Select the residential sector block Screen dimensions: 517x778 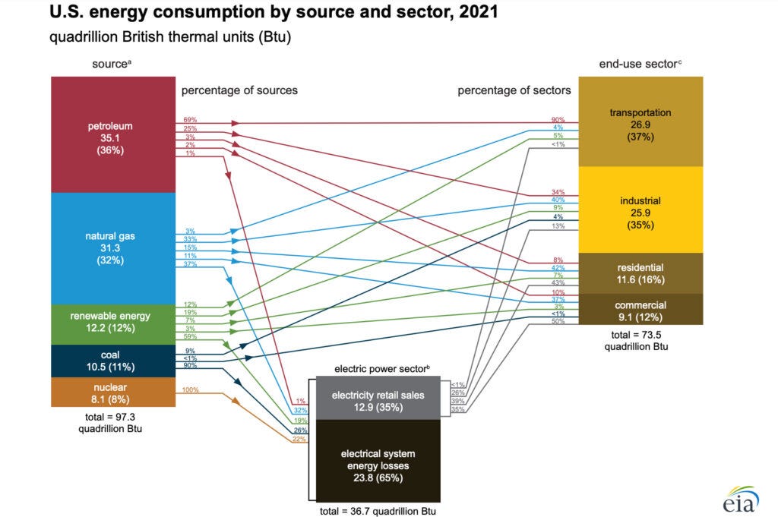pyautogui.click(x=640, y=273)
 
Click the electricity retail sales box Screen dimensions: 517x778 pyautogui.click(x=377, y=401)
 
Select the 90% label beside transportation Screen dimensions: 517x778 pyautogui.click(x=558, y=120)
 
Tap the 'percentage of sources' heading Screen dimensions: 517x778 pyautogui.click(x=239, y=90)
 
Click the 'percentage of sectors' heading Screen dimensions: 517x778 pyautogui.click(x=514, y=90)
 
